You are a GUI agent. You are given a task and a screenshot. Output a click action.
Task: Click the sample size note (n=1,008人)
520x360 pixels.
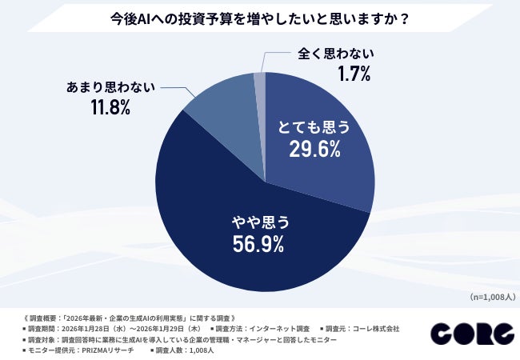click(x=490, y=297)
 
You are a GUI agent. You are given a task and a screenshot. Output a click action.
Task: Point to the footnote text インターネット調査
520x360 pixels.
click(x=277, y=329)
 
